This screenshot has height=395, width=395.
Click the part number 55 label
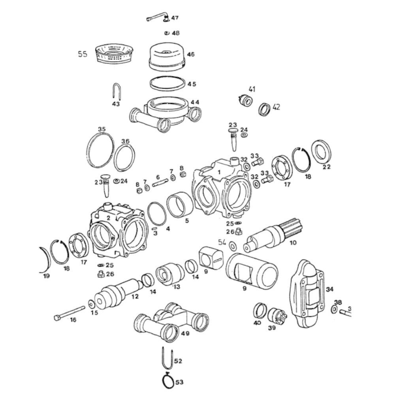tap(82, 54)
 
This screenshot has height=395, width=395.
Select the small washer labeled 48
tap(166, 33)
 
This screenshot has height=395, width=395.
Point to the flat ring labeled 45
tap(167, 84)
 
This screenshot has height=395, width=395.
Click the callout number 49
tap(185, 333)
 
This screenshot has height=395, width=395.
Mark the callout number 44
tap(195, 102)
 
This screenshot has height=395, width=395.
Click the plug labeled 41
tap(245, 100)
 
